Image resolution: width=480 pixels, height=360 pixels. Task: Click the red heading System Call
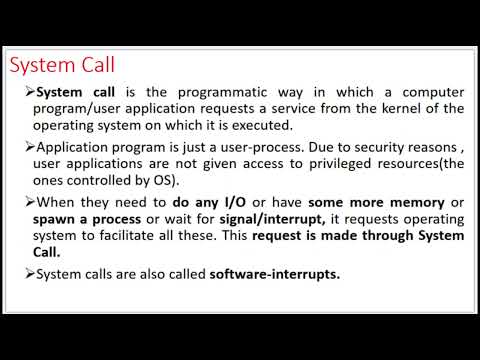(62, 66)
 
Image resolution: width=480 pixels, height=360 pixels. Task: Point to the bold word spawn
(56, 219)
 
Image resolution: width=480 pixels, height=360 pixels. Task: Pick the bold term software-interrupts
(276, 273)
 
